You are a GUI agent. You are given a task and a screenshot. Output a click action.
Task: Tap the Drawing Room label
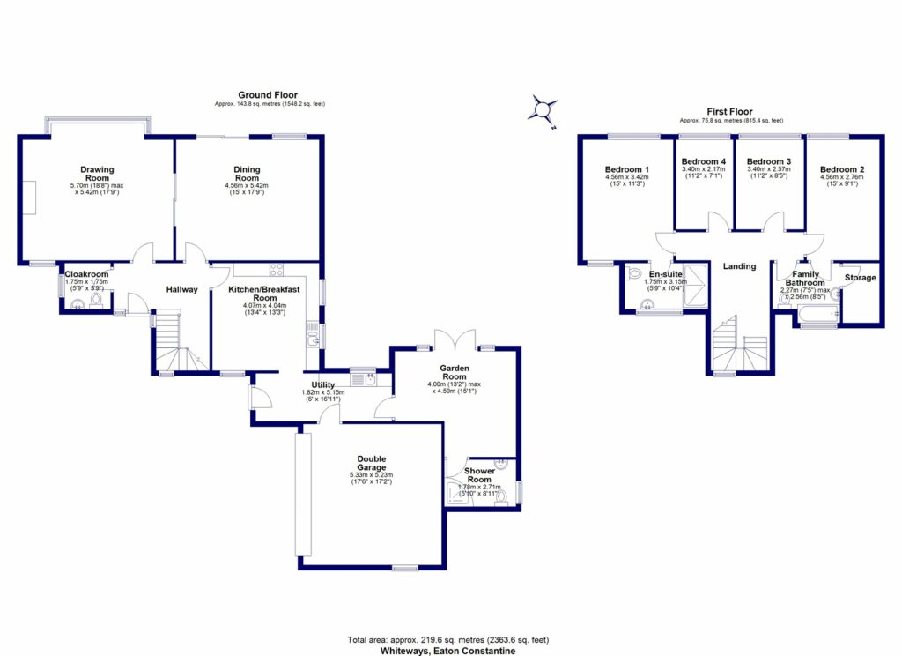[x=97, y=174]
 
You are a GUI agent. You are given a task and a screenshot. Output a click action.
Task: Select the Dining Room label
[x=247, y=174]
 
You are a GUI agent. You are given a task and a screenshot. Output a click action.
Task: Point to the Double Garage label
[x=370, y=463]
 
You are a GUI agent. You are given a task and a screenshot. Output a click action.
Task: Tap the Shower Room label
[x=480, y=475]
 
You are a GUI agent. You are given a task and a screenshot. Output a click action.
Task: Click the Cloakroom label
[x=86, y=274]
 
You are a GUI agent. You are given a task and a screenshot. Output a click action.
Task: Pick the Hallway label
[x=181, y=289]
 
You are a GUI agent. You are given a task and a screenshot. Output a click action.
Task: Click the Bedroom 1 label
[x=627, y=169]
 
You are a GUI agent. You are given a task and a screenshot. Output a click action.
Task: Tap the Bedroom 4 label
[x=704, y=162]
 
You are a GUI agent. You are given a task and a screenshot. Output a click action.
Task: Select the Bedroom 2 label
[x=841, y=169]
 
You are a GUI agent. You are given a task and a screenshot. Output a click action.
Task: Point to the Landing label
[x=739, y=265]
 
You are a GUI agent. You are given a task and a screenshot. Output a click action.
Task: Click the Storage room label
[x=860, y=278]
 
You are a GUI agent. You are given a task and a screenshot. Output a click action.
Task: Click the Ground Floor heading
[x=268, y=95]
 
